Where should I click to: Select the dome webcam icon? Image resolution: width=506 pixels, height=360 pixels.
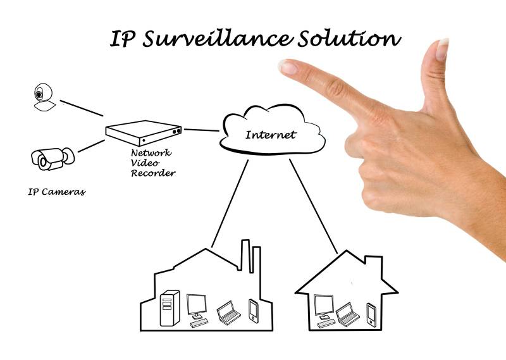pos(42,98)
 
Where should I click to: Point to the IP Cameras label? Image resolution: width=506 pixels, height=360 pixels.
pos(56,191)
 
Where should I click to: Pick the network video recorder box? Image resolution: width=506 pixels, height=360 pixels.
pos(144,131)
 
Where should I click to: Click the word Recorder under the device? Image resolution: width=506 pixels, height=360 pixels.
pos(153,173)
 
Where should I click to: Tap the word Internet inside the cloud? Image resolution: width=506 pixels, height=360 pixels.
pos(270,135)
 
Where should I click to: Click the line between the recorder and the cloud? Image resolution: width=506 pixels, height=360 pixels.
pos(201,131)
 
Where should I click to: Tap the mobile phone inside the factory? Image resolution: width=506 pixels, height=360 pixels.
pos(254,309)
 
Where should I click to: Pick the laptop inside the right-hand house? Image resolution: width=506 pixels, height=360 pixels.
pos(345,312)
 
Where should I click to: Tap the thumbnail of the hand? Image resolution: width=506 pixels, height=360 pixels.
pos(441,46)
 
